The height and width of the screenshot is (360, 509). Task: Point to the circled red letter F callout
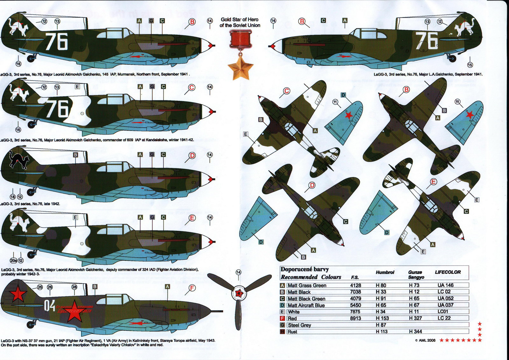(x=192, y=288)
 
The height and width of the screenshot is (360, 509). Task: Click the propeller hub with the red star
(x=239, y=293)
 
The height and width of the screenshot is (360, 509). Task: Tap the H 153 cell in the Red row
(x=382, y=318)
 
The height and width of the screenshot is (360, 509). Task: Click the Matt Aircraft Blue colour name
(x=306, y=305)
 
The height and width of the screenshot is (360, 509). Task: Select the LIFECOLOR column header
(x=448, y=272)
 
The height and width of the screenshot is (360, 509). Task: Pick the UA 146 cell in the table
(x=445, y=285)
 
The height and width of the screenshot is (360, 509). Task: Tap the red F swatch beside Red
(x=282, y=318)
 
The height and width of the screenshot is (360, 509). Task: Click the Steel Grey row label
(x=299, y=325)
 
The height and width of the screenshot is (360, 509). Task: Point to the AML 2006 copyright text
(x=425, y=340)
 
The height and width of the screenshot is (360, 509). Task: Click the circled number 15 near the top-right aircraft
(x=470, y=65)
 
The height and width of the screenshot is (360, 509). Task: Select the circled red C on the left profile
(x=192, y=88)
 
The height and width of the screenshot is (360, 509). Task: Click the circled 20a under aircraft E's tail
(x=13, y=260)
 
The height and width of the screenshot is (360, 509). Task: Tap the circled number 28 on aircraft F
(x=74, y=287)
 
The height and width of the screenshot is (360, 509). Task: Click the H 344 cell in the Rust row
(x=415, y=331)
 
